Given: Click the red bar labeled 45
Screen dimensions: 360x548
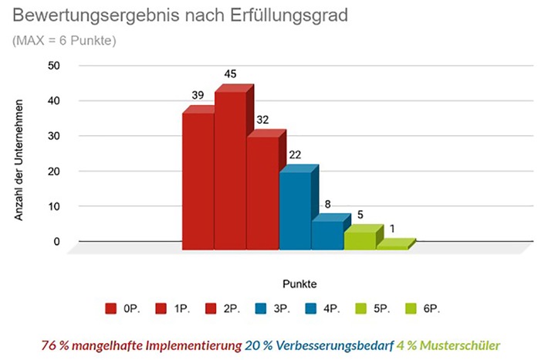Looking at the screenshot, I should (231, 170).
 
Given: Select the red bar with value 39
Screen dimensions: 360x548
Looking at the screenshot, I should (198, 182).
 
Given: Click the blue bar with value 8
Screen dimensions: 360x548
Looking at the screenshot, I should (328, 234).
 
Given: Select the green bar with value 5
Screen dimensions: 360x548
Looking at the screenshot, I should (360, 239).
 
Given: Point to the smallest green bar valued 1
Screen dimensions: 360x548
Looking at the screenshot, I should (393, 246).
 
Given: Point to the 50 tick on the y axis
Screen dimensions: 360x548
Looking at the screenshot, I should (53, 66).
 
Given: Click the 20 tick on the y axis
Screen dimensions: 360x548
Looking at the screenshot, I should (53, 172).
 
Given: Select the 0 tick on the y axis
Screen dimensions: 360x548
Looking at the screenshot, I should (56, 242).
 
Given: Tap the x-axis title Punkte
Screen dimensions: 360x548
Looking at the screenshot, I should (298, 282).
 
